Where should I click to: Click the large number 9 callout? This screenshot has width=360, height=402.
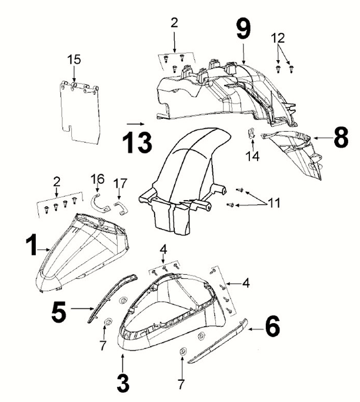pos(243,29)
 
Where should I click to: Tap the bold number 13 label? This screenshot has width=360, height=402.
pos(137,142)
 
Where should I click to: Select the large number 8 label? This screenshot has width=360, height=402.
pos(341,138)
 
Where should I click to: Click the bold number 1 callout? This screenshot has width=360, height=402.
pos(32,245)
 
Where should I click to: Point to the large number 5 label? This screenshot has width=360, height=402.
pos(59,312)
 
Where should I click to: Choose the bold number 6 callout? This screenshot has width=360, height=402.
pos(272,326)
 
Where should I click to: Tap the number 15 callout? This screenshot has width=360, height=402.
pos(74,59)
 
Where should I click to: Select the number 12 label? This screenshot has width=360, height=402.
pos(278,38)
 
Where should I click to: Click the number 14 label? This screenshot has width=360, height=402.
pos(252,157)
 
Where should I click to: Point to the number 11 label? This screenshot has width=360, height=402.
pos(274,203)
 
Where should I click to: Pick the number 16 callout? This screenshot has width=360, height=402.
pos(98,179)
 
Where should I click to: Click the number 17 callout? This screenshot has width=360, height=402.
pos(120,183)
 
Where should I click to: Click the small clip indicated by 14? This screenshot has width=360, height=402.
pos(252,133)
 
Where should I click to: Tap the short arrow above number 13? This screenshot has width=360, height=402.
pos(136,124)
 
